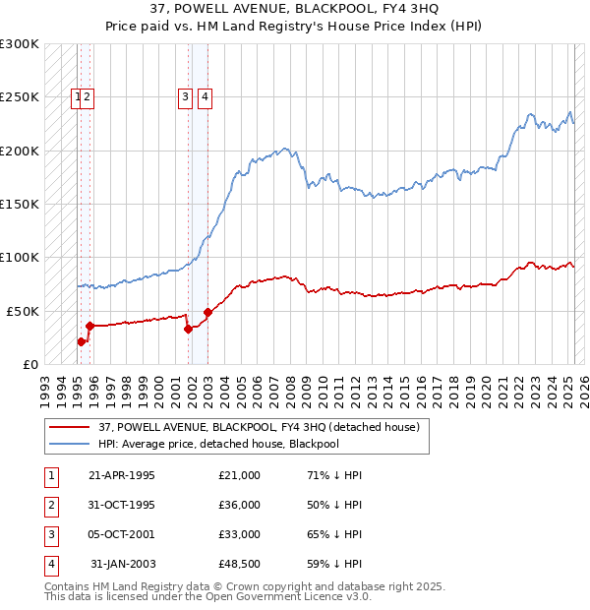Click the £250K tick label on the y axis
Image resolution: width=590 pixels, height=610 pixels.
[x=20, y=97]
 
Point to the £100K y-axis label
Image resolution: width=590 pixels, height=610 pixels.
[x=20, y=258]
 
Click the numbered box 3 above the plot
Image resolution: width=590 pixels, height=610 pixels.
[x=185, y=96]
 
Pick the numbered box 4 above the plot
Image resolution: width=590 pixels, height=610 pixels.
[x=205, y=96]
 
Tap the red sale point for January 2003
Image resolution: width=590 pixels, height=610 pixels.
[x=207, y=313]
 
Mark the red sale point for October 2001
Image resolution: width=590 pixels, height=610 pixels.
[x=187, y=330]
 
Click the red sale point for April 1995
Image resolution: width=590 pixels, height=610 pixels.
[x=81, y=341]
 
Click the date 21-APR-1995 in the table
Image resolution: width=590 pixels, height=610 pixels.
[x=122, y=475]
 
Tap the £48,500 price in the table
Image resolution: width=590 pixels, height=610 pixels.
[x=240, y=564]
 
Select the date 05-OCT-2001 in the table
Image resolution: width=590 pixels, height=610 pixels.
[x=122, y=534]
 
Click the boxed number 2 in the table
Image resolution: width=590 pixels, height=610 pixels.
[x=49, y=505]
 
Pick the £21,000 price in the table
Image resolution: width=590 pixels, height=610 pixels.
[x=240, y=475]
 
